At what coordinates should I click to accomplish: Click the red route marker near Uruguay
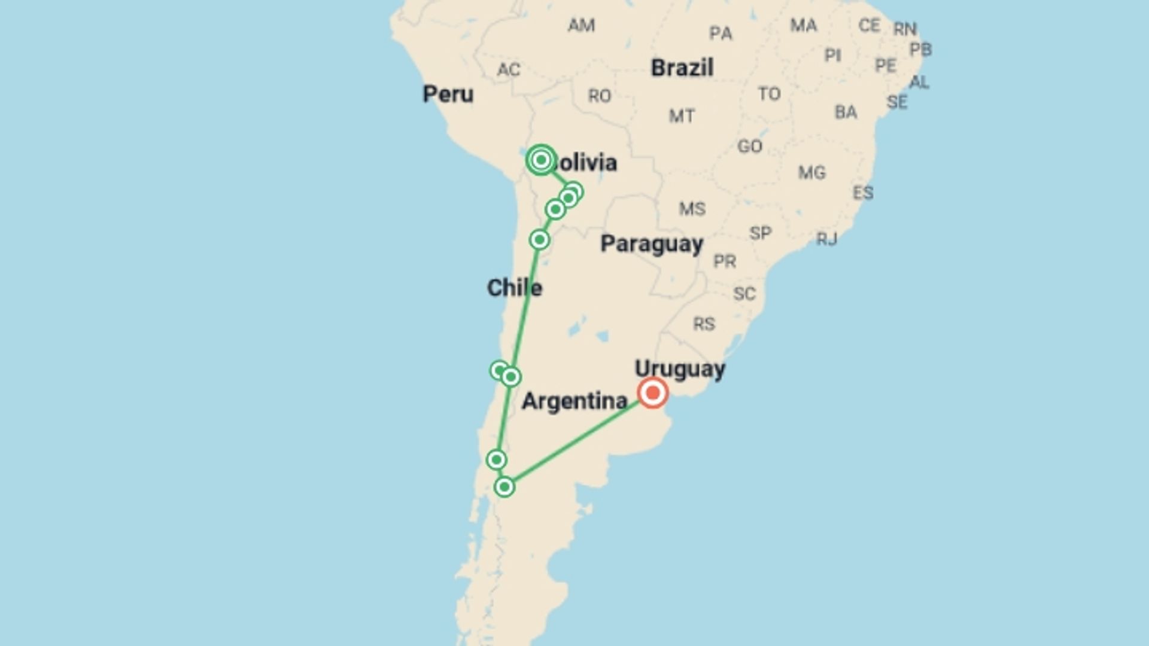click(x=652, y=393)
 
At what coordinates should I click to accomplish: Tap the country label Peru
click(x=448, y=94)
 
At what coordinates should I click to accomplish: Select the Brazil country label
click(x=682, y=68)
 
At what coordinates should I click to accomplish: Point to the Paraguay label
click(x=651, y=244)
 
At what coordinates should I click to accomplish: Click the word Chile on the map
click(x=514, y=288)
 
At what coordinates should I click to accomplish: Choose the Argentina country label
click(x=574, y=401)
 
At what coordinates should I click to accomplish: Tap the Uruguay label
click(x=680, y=368)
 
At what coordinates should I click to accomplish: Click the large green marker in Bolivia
click(x=541, y=160)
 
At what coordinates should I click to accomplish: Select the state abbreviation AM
click(x=581, y=25)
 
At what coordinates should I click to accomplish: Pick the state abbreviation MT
click(x=682, y=115)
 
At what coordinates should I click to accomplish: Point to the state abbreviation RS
click(x=704, y=324)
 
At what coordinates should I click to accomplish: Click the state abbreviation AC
click(x=508, y=69)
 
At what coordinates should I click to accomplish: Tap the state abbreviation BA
click(x=846, y=112)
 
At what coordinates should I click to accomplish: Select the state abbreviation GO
click(x=749, y=146)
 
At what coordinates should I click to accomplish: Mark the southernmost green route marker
click(x=504, y=487)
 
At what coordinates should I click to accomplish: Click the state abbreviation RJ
click(x=826, y=239)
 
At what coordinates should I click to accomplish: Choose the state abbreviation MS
click(x=692, y=209)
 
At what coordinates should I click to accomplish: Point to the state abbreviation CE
click(x=869, y=25)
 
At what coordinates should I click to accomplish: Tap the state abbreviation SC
click(x=744, y=294)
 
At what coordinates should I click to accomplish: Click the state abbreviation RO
click(x=599, y=96)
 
